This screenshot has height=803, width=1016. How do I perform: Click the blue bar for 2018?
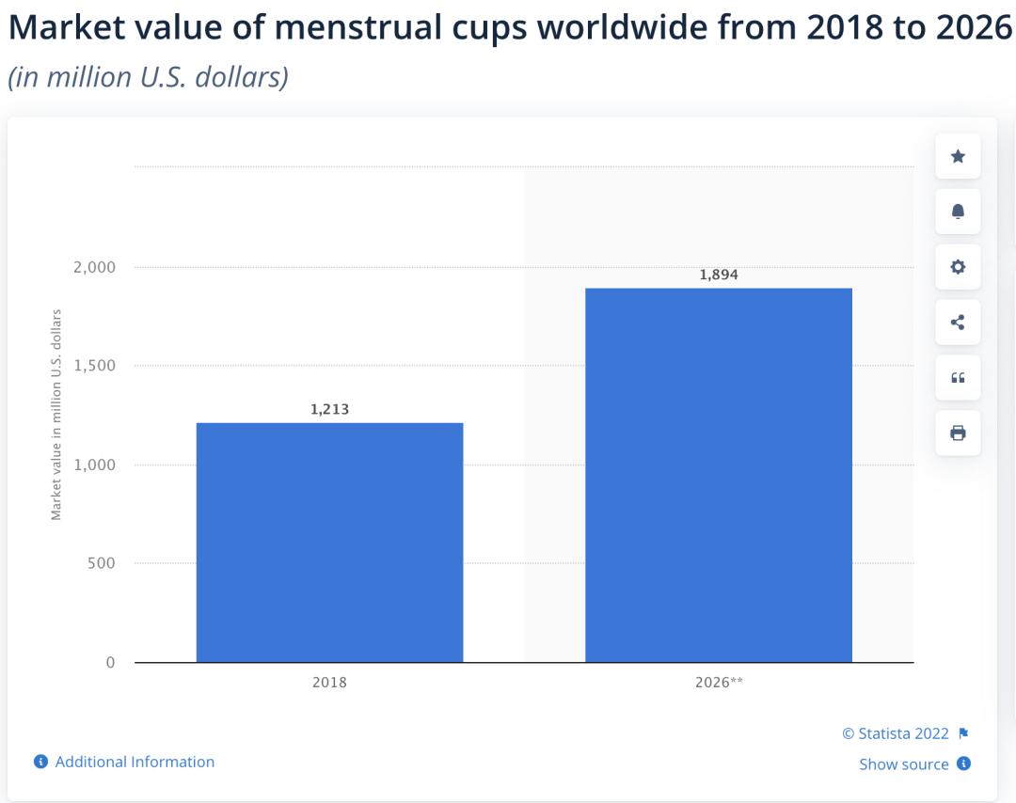point(329,543)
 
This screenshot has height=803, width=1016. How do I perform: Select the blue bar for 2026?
point(719,475)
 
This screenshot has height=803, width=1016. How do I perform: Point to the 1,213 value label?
point(329,409)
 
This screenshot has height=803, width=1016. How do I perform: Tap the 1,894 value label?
point(719,275)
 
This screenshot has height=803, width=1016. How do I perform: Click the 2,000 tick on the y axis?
point(94,267)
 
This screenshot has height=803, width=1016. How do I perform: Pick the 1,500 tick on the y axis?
point(94,366)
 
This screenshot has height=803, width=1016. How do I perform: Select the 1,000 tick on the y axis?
point(94,464)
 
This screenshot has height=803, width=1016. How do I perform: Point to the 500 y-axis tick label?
point(102,563)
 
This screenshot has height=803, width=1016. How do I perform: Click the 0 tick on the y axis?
point(110,662)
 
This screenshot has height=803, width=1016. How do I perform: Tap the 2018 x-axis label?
point(329,683)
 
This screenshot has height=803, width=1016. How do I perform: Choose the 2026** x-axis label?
point(719,683)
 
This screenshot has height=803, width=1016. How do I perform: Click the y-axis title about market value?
point(56,414)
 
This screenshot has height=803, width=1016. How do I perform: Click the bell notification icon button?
point(958,212)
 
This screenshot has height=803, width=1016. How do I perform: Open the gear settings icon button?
point(958,267)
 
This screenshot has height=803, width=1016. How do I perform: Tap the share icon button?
point(958,323)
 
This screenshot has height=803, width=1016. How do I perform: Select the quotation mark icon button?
point(958,378)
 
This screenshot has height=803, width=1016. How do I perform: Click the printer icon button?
point(958,433)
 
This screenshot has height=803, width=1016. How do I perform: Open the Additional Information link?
point(135,762)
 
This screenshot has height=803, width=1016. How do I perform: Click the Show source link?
point(904,764)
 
